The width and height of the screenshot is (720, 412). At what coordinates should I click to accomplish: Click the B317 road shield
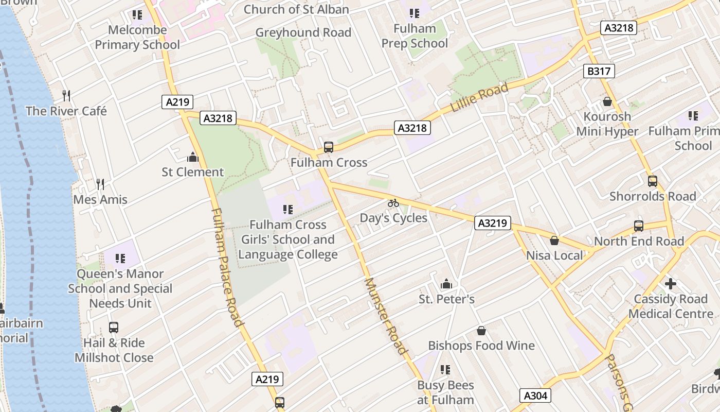click(x=599, y=71)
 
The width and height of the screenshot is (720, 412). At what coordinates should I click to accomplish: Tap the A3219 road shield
click(x=492, y=223)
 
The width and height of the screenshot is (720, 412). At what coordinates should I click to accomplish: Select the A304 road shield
click(x=535, y=396)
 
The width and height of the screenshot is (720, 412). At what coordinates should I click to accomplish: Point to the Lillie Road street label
click(x=479, y=97)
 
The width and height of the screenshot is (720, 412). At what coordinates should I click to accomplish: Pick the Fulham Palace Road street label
click(x=226, y=268)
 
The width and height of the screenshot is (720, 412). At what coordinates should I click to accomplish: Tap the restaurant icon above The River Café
click(x=66, y=95)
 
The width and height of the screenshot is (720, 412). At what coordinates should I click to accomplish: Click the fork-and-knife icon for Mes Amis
click(x=100, y=184)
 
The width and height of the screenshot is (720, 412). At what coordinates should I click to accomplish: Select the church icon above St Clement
click(x=193, y=157)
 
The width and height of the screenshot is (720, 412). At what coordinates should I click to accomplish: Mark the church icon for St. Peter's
click(x=446, y=284)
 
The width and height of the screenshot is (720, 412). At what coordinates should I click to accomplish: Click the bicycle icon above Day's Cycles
click(x=393, y=203)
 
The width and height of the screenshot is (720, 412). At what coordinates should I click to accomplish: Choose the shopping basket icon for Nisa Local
click(x=554, y=241)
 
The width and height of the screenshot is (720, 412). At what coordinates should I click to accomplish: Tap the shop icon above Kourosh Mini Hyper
click(x=607, y=101)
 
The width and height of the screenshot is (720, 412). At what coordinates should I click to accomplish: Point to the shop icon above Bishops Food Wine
click(x=481, y=330)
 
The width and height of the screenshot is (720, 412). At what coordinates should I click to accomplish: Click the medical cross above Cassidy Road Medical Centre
click(x=671, y=284)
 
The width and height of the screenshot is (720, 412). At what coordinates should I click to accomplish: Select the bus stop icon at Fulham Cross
click(x=329, y=147)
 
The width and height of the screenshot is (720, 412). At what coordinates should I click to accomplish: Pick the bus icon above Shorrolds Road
click(x=653, y=181)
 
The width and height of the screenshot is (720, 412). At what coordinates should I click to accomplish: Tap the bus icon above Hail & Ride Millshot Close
click(x=114, y=328)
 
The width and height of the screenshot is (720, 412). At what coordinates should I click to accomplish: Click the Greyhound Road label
click(x=303, y=32)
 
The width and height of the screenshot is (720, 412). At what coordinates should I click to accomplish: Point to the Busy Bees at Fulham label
click(x=445, y=392)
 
